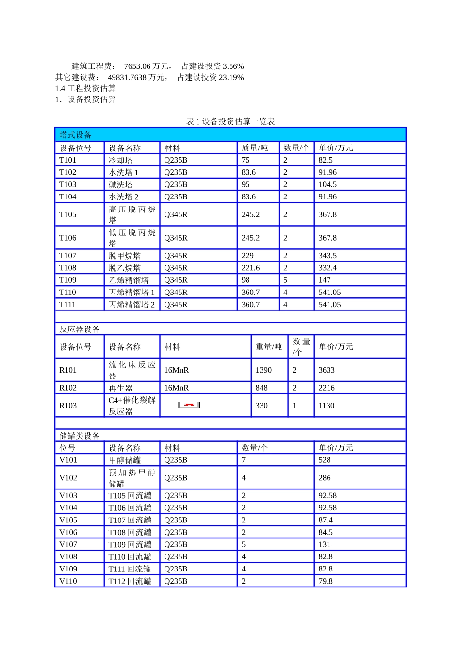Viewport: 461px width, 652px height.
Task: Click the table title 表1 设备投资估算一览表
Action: pos(230,121)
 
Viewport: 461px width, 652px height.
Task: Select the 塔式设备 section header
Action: pos(76,135)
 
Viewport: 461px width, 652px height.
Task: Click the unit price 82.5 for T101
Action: pos(326,160)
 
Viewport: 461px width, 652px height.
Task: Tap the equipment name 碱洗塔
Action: pos(121,184)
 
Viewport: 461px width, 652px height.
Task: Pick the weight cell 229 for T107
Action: pos(247,256)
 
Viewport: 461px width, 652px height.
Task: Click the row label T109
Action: pos(68,280)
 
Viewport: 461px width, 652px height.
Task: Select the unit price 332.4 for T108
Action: pos(328,268)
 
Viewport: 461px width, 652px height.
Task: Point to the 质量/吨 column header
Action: pos(255,148)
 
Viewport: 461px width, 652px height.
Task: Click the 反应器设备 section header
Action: pos(80,329)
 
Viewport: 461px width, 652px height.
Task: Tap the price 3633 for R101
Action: pos(327,370)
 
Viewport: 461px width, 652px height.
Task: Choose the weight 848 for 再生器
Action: pos(262,388)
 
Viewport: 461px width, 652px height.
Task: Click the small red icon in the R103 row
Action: pos(189,405)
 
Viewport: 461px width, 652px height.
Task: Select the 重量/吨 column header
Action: pos(269,347)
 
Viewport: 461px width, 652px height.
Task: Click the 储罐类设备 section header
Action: pos(80,436)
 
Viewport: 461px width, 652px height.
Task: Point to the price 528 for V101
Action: pos(325,460)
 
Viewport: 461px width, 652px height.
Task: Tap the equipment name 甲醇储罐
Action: pos(125,460)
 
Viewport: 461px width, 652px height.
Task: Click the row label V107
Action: pos(68,544)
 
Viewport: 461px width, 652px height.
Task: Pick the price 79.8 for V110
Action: pos(326,581)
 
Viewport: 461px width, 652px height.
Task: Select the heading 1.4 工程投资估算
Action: pos(85,88)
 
